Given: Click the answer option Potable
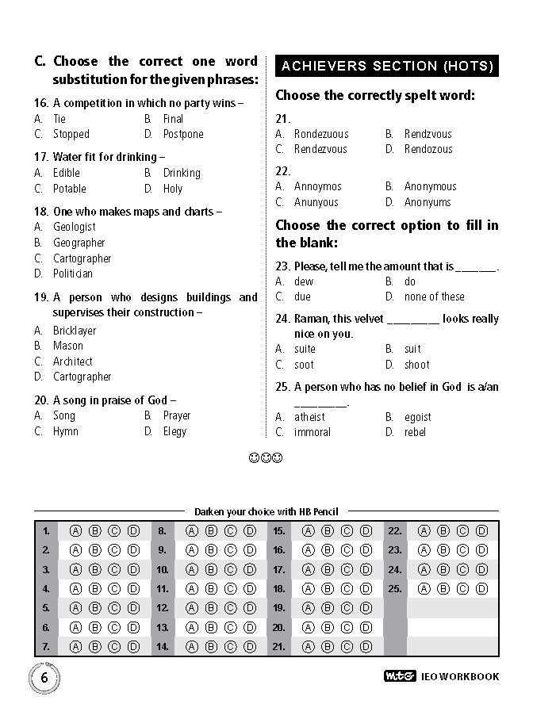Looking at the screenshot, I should [69, 189].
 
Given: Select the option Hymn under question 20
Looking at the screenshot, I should [65, 431].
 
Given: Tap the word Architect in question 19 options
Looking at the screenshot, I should [72, 361].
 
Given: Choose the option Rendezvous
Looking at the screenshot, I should [320, 149].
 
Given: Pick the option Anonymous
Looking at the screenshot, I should [430, 186].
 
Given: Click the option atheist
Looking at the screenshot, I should [309, 417].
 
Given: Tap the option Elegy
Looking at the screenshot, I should [174, 431].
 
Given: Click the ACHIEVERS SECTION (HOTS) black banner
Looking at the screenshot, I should [387, 67].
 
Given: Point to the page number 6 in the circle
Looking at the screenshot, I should [44, 677].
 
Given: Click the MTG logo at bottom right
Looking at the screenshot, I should [400, 676].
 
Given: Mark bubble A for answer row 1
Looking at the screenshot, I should [76, 531].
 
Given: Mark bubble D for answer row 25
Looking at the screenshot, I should [481, 588].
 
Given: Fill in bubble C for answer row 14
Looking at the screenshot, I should [230, 646].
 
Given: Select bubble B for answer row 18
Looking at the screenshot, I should [327, 588].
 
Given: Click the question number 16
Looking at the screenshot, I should [41, 103].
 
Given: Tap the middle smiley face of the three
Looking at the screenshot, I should [266, 457].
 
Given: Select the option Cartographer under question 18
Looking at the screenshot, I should [82, 258].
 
